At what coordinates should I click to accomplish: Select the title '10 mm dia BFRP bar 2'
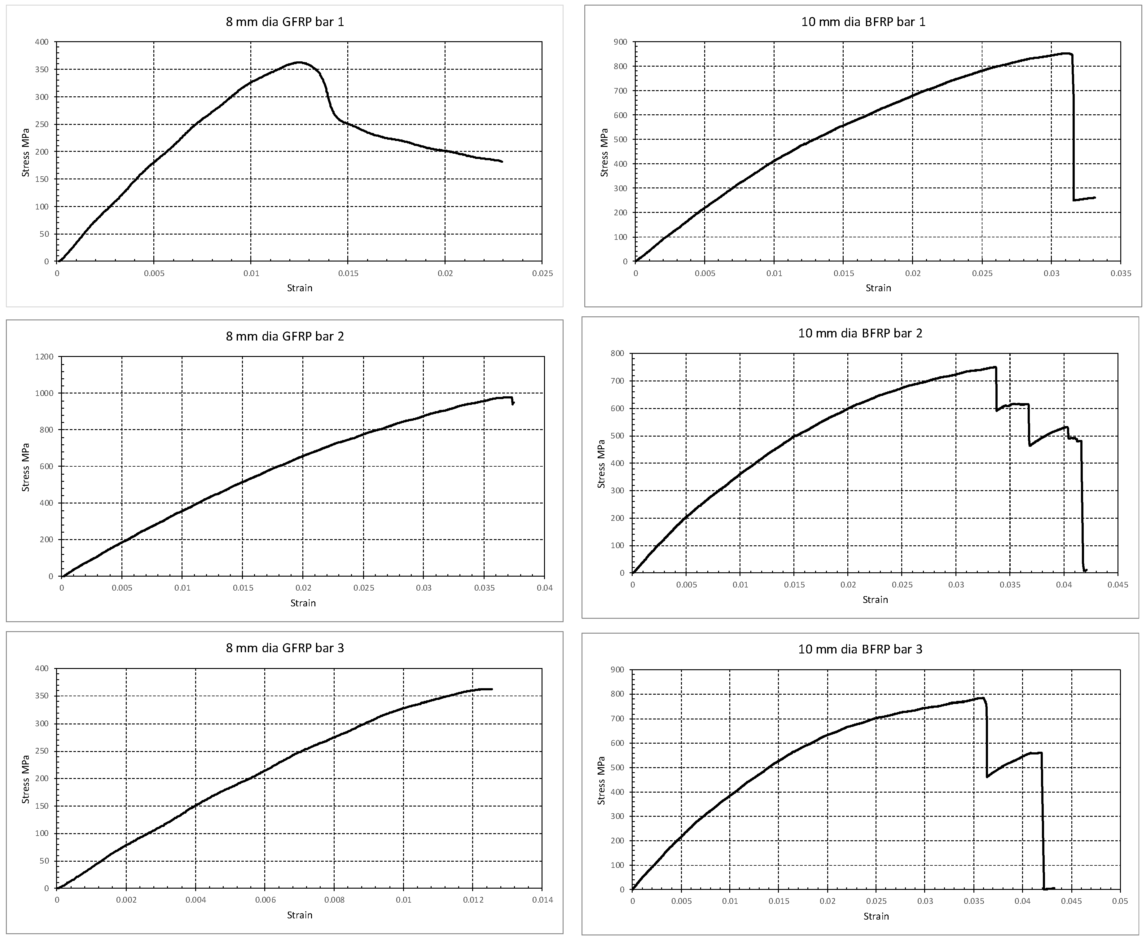[860, 333]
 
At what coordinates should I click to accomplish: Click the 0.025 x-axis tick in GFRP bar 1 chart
[542, 273]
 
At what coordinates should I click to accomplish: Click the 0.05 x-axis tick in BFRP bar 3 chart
[1119, 901]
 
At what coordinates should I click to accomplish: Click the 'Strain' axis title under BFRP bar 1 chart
[878, 288]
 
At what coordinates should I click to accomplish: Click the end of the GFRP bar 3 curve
[491, 689]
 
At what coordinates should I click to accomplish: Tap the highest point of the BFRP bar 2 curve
[995, 367]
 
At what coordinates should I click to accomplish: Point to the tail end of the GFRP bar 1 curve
[502, 161]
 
